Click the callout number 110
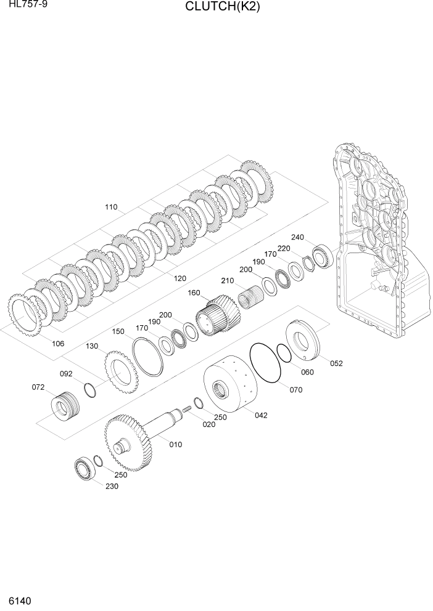pyautogui.click(x=111, y=207)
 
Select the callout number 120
pyautogui.click(x=179, y=278)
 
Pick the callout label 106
pyautogui.click(x=58, y=344)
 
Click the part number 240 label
pyautogui.click(x=298, y=237)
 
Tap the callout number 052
pyautogui.click(x=336, y=363)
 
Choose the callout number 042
pyautogui.click(x=260, y=415)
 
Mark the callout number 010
pyautogui.click(x=175, y=444)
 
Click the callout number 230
pyautogui.click(x=111, y=485)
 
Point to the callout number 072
pyautogui.click(x=38, y=387)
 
